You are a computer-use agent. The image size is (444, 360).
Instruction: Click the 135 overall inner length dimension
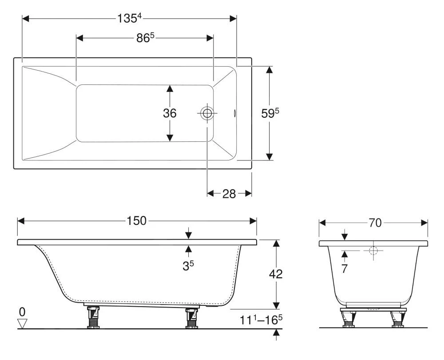pyautogui.click(x=129, y=19)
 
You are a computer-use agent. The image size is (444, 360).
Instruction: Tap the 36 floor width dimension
pyautogui.click(x=170, y=113)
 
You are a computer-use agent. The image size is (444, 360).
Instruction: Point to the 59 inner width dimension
pyautogui.click(x=270, y=113)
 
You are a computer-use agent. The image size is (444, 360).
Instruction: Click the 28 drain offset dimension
pyautogui.click(x=229, y=194)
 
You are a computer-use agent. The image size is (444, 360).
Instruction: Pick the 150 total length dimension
pyautogui.click(x=136, y=221)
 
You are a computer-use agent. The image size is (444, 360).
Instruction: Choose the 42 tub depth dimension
pyautogui.click(x=276, y=274)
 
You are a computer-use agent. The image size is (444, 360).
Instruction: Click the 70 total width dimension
pyautogui.click(x=375, y=223)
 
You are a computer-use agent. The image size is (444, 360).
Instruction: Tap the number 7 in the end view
pyautogui.click(x=345, y=268)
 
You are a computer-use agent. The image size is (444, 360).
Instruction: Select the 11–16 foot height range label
pyautogui.click(x=261, y=320)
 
